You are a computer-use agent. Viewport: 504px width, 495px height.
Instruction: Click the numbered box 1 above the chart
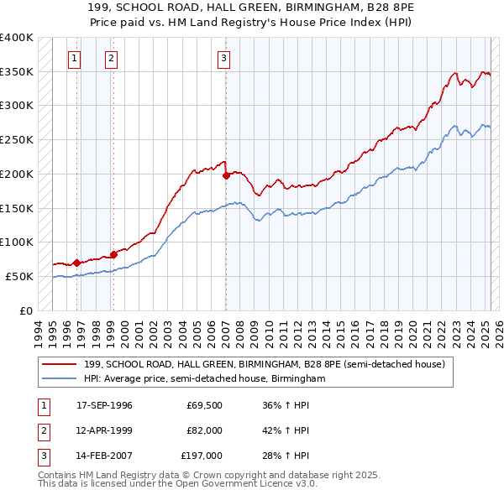pos(76,58)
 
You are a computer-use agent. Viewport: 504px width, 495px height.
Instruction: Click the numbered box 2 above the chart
pos(111,58)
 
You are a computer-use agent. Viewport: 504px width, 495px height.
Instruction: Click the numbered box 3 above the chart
pos(224,58)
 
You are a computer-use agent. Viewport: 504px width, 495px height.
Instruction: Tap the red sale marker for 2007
pos(226,176)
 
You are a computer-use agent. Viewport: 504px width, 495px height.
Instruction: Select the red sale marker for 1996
pos(76,263)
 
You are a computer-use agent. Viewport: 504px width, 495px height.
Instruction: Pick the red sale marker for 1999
pos(113,254)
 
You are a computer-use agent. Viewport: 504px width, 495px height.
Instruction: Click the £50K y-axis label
pos(19,276)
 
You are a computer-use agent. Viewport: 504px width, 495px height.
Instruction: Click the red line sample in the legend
pos(60,365)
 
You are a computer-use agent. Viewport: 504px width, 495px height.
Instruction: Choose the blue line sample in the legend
pos(60,378)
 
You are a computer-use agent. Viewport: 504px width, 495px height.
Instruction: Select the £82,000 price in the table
pos(204,430)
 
